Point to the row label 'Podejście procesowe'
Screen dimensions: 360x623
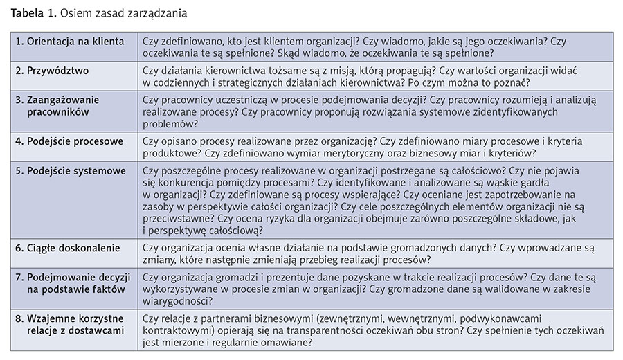coord(69,141)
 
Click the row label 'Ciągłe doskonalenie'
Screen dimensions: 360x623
coord(67,247)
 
